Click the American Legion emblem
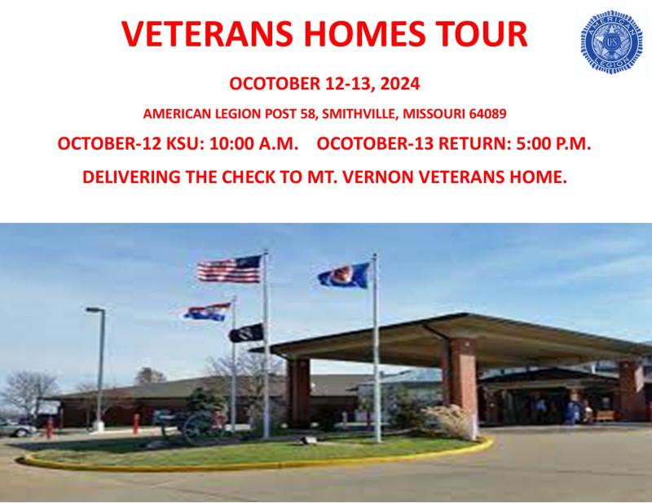tap(610, 42)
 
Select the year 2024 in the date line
tap(400, 84)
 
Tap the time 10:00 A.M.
tap(253, 144)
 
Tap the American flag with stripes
tap(230, 269)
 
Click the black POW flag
tap(246, 333)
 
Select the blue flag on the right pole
tap(344, 275)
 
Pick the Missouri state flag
tap(208, 312)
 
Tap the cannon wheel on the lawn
tap(196, 429)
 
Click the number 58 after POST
tap(308, 113)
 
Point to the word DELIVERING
tap(131, 177)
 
